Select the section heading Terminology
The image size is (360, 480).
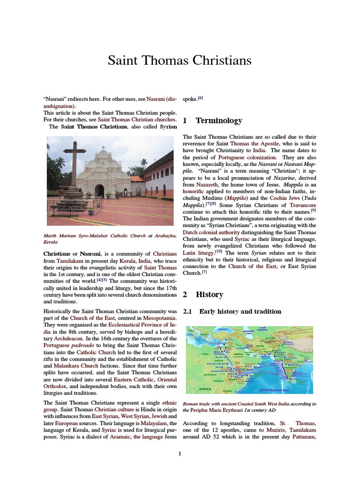pos(219,121)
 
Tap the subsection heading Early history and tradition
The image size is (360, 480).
pos(240,311)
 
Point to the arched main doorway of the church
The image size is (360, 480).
pos(99,190)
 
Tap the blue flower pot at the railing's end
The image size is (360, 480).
pos(90,210)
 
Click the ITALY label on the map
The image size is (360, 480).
pos(191,331)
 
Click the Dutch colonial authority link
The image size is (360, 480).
pos(211,232)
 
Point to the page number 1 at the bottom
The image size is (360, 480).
pos(180,453)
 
